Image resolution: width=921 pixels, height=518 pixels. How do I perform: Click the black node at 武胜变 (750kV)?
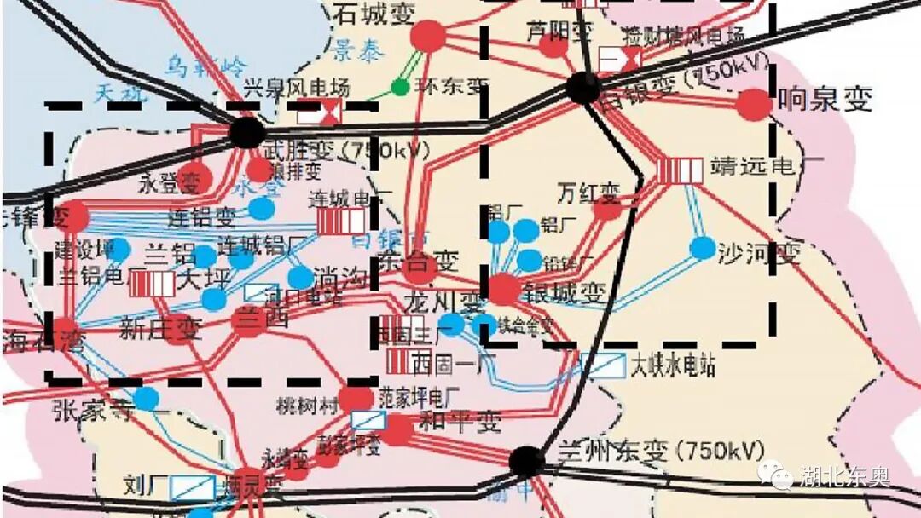(246, 132)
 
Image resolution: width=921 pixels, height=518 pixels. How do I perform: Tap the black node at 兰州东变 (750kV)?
(527, 462)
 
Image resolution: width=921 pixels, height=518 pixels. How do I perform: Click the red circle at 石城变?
(429, 36)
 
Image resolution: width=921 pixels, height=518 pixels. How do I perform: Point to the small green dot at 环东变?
(399, 86)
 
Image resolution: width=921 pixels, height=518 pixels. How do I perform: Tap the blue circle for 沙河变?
(703, 248)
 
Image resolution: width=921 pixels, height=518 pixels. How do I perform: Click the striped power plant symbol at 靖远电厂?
(680, 170)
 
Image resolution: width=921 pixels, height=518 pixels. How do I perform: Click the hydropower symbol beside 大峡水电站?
(602, 365)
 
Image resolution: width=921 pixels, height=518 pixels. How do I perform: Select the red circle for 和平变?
(397, 430)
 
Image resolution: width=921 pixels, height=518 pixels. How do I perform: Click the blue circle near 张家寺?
(146, 398)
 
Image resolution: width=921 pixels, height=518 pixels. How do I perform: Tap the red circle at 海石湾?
(65, 329)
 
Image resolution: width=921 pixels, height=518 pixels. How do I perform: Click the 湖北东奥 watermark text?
(844, 476)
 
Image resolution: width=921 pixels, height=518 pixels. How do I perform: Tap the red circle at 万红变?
(607, 207)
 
